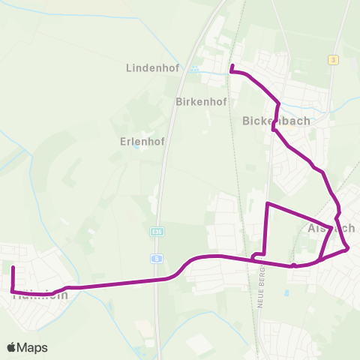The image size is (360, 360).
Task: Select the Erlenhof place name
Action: coord(142,140)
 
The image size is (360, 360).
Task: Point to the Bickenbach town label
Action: coord(271,120)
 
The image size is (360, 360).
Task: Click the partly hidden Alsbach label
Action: coord(331,228)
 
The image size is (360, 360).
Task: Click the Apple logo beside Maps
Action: coord(12,347)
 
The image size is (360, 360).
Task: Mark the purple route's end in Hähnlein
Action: coord(13,267)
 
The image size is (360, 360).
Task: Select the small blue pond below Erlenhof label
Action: coord(136,147)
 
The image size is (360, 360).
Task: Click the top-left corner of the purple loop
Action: coord(268,203)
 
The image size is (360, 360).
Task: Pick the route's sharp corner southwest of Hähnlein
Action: coord(12,291)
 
